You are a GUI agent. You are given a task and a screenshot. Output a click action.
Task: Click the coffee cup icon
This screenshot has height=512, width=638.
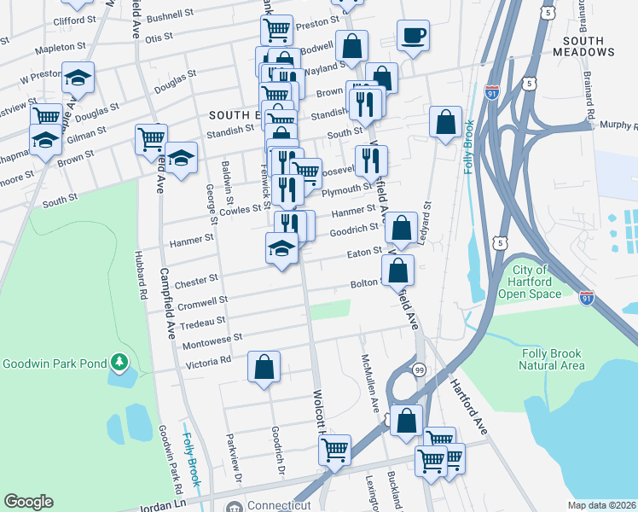[413, 36]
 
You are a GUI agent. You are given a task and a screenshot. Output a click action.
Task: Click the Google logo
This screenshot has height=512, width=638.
[28, 502]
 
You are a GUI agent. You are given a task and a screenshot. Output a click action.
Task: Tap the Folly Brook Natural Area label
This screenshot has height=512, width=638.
[554, 359]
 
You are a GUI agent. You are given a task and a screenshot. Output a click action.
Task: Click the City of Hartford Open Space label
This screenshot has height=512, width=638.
[536, 282]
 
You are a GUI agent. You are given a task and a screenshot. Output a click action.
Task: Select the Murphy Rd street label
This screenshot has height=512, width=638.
[616, 125]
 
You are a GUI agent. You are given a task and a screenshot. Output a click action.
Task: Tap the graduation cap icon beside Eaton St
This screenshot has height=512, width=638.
[281, 249]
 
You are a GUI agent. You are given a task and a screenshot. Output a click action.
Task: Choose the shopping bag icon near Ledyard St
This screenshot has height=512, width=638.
[446, 122]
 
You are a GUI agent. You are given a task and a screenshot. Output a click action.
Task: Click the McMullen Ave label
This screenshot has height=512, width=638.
[371, 382]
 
